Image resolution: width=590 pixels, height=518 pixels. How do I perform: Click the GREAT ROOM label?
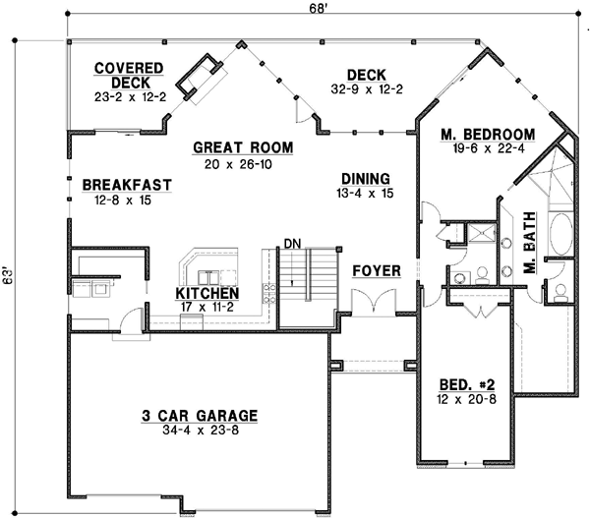click(x=243, y=147)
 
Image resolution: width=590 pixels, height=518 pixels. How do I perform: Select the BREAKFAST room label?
click(x=128, y=185)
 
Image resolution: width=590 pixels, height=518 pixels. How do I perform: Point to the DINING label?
click(x=366, y=179)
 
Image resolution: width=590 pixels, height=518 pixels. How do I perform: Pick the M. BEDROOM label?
click(x=474, y=135)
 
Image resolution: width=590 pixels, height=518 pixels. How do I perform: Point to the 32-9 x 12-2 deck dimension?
click(x=365, y=89)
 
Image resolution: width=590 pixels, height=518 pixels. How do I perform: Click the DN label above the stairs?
click(x=291, y=243)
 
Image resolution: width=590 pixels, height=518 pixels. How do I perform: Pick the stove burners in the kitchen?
click(x=266, y=292)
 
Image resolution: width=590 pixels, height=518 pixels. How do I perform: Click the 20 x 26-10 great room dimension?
click(x=243, y=163)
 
